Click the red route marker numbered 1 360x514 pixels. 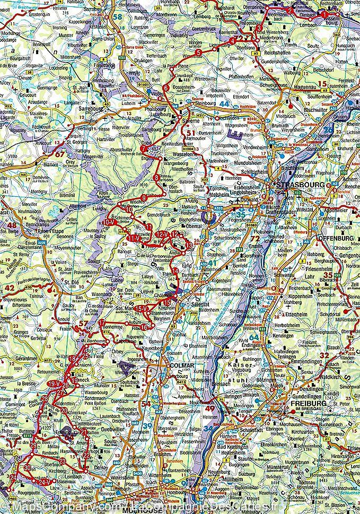point(324,15)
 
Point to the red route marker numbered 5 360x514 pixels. point(198,52)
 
